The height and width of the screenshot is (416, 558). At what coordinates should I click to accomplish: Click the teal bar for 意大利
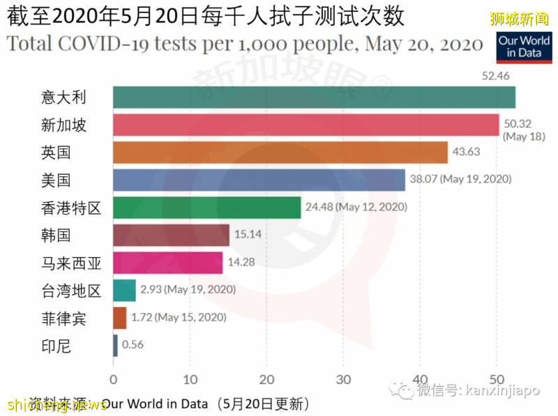[314, 98]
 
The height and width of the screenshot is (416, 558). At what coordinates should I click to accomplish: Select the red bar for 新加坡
[306, 125]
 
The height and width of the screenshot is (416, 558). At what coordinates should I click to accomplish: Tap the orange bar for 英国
[280, 153]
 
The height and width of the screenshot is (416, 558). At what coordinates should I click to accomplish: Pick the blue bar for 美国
[259, 180]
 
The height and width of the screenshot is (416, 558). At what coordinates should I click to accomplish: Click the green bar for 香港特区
[206, 208]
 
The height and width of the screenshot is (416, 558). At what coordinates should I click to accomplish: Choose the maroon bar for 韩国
[171, 236]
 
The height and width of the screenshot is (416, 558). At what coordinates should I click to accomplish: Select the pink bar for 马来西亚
[167, 263]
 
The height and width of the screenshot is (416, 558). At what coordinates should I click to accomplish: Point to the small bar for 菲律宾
[119, 318]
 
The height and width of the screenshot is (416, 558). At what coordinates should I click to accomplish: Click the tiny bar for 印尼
[115, 345]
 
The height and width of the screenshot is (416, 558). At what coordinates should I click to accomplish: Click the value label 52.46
[496, 75]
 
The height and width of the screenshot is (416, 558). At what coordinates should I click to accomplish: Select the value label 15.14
[248, 235]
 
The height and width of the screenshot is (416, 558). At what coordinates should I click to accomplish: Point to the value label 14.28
[241, 263]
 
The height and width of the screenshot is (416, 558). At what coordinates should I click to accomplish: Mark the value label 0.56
[133, 345]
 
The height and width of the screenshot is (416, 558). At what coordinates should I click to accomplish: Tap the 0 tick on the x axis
[113, 379]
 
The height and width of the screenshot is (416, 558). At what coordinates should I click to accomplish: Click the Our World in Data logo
[523, 46]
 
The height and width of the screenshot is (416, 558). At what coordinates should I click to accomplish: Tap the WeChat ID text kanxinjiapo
[502, 392]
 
